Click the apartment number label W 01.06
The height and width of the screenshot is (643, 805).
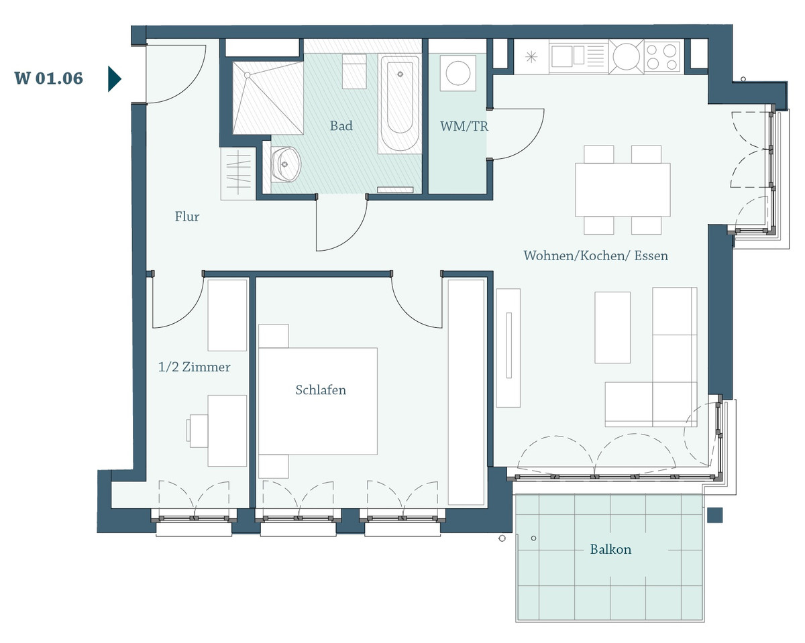pos(48,78)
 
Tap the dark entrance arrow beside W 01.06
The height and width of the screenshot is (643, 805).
pos(115,79)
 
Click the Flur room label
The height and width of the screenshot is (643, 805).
pos(187,217)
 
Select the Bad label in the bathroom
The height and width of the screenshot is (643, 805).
pos(341,125)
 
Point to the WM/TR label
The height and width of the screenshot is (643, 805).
pos(464,126)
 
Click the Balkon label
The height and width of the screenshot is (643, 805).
pos(610,549)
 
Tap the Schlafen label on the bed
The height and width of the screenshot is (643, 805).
pos(321,390)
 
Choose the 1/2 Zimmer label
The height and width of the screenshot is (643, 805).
pos(194,367)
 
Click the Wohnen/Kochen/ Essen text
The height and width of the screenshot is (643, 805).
pos(596,255)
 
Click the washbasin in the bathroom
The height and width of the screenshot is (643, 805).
pos(285,164)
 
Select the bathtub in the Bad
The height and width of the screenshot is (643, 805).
pos(400,105)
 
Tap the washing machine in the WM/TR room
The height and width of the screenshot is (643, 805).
pos(458,73)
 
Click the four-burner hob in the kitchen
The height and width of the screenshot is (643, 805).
pos(661,57)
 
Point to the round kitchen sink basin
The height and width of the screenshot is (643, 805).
pos(626,56)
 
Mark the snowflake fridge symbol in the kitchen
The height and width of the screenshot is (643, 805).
pos(531,57)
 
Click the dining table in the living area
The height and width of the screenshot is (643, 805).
pos(623,190)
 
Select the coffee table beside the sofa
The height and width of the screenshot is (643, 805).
pos(612,327)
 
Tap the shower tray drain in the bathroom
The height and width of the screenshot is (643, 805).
pos(248,75)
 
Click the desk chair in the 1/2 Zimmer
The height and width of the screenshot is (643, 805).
pos(197,430)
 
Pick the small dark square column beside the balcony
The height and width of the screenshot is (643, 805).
pos(715,515)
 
